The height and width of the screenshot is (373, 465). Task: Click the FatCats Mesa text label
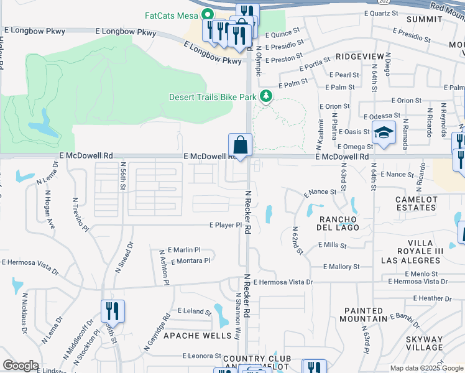[x=172, y=15]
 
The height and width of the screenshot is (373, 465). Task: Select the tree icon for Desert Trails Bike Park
[x=266, y=96]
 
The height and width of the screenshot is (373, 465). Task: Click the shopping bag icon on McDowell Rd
[x=240, y=146]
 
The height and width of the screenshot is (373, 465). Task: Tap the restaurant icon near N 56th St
[x=113, y=310]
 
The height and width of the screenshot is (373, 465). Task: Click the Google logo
[x=21, y=366]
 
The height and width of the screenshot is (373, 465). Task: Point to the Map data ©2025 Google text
[x=426, y=368]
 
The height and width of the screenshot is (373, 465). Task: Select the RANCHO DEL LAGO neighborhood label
[x=338, y=224]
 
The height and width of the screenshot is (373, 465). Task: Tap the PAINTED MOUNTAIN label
[x=363, y=315]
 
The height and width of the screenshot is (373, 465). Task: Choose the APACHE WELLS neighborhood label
[x=189, y=336]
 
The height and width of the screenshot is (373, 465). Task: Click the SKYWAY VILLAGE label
[x=425, y=343]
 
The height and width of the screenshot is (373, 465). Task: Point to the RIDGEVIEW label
[x=360, y=57]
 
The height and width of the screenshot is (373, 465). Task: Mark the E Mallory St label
[x=341, y=267]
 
